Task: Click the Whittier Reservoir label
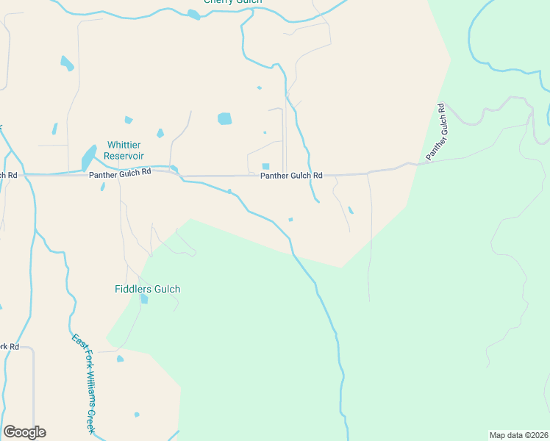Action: tap(124, 151)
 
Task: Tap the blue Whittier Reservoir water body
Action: tap(88, 157)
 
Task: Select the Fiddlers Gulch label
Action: tap(147, 289)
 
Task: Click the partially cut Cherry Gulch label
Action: tap(233, 2)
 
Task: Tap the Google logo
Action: tap(24, 432)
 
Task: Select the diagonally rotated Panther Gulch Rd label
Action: tap(435, 132)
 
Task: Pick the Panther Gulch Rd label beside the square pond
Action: tap(291, 176)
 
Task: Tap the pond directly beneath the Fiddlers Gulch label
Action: tap(144, 299)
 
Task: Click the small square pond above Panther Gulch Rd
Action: tap(265, 166)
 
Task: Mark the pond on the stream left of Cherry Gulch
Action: tap(193, 14)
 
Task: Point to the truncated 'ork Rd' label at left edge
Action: tap(9, 346)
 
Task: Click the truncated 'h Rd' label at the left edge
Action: tap(8, 175)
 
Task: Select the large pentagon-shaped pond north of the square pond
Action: tap(224, 118)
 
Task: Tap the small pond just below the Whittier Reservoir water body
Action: tap(102, 187)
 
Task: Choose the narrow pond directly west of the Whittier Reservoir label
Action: tap(55, 129)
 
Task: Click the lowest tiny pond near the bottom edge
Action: tap(137, 415)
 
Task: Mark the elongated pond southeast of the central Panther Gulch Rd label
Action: tap(351, 210)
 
